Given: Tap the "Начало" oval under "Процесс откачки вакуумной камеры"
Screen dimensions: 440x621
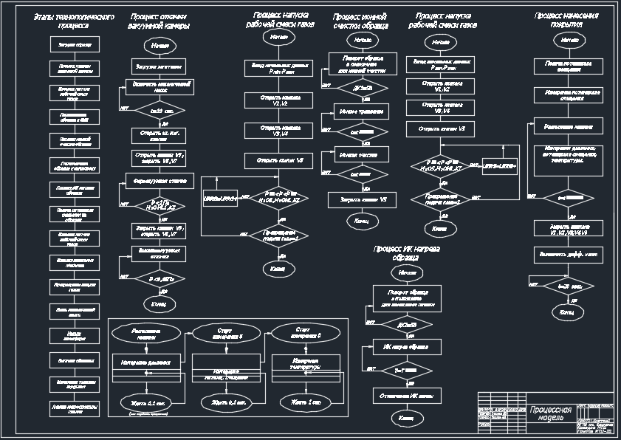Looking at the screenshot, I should click(x=159, y=46).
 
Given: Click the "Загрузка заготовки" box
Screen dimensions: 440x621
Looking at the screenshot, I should click(x=159, y=66).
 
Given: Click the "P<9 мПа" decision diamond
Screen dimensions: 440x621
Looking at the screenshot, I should click(x=159, y=279).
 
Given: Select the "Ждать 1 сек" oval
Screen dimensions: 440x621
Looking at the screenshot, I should click(x=305, y=402).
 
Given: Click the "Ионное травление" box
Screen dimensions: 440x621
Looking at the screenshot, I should click(x=362, y=112).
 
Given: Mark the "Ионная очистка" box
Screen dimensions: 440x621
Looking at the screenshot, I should click(x=362, y=155).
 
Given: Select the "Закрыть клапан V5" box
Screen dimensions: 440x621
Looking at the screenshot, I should click(x=363, y=199).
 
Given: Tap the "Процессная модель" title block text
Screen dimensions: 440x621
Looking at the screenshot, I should click(x=549, y=413).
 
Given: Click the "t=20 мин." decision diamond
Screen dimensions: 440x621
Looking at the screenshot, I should click(x=566, y=285).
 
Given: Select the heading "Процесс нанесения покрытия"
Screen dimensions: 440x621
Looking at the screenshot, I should click(x=566, y=20).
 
